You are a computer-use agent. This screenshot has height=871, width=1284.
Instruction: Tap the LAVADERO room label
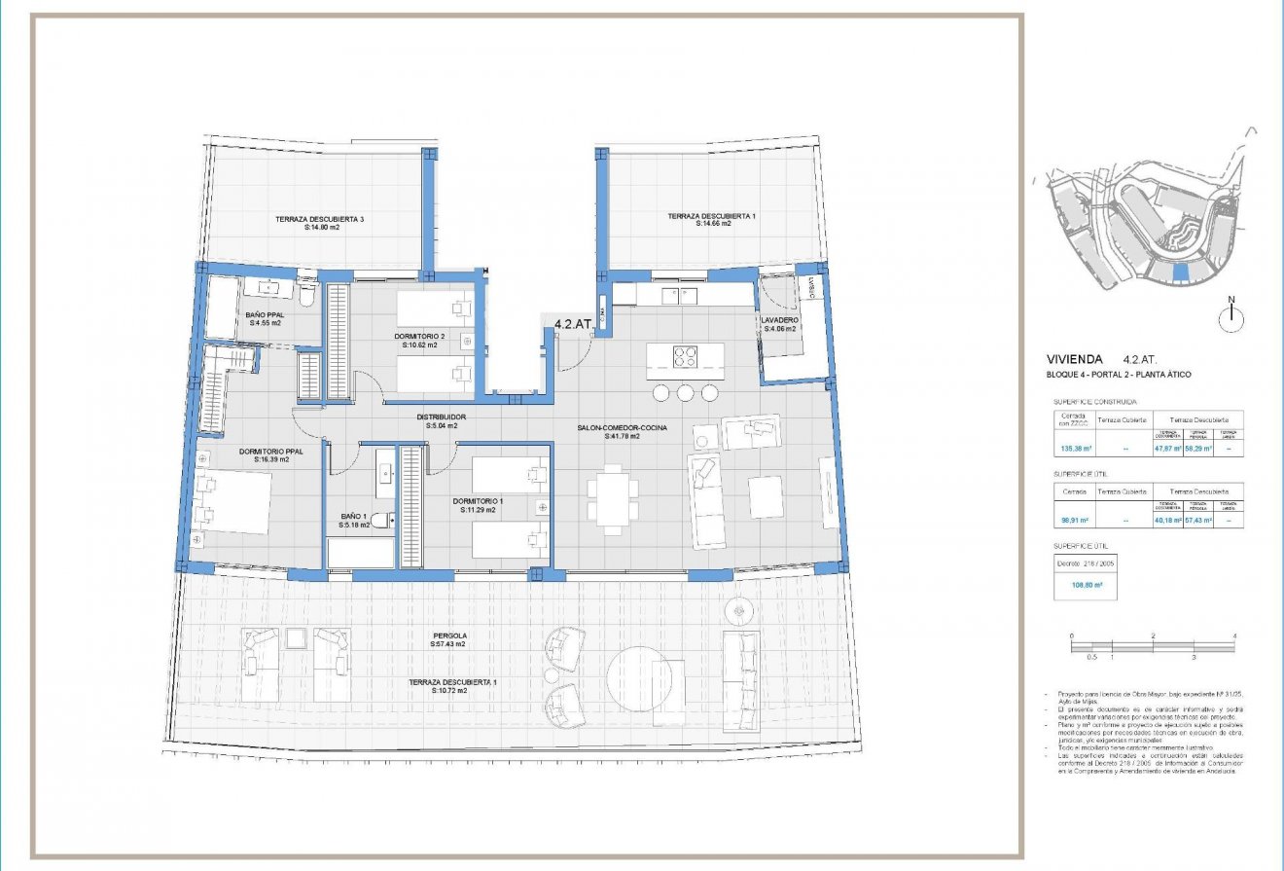780,320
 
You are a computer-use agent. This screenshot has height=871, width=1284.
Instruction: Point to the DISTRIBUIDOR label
441,416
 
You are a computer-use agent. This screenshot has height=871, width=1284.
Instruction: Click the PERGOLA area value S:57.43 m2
448,644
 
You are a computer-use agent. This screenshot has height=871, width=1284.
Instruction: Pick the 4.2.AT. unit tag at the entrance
573,325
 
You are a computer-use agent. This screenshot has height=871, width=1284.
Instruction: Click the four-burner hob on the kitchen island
685,356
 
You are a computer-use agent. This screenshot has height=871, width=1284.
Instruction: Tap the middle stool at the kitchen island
686,392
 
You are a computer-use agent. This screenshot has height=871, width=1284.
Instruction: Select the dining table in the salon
612,497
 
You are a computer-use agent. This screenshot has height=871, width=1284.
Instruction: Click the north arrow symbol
1230,314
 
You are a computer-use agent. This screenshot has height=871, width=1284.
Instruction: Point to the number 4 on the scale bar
1233,635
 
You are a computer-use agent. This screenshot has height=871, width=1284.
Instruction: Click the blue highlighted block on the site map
1180,272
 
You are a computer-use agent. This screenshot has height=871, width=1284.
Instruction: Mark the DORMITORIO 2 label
419,337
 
